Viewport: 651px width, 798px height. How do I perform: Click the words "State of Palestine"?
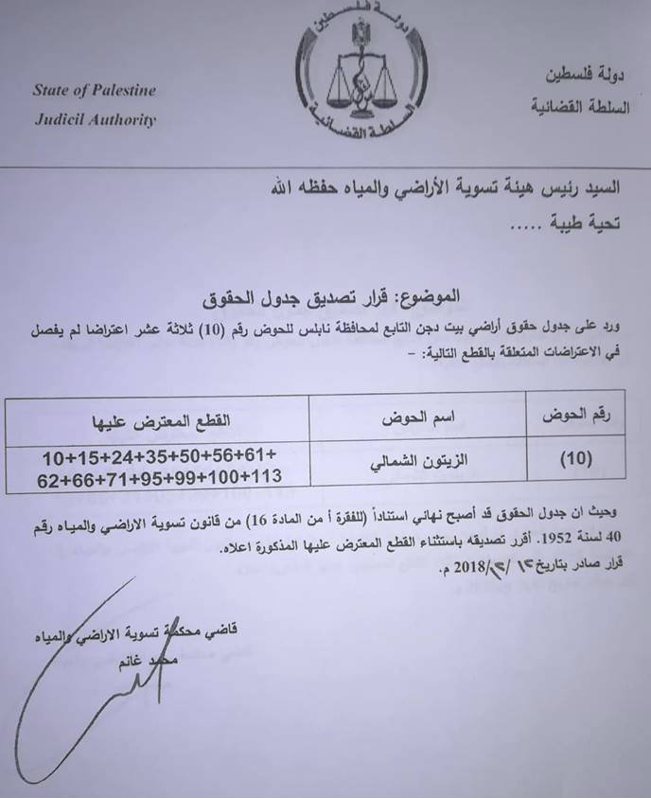95,91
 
